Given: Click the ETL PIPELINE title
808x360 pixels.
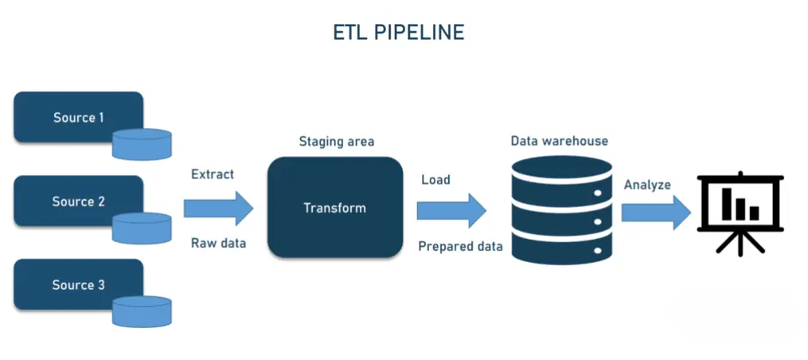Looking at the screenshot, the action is click(x=398, y=33).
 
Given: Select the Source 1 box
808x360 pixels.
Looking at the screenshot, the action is click(x=78, y=117).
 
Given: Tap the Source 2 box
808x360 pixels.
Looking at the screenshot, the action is click(x=78, y=201).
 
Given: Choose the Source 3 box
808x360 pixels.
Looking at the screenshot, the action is click(x=78, y=284).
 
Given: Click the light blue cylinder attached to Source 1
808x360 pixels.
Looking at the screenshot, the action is click(x=142, y=144).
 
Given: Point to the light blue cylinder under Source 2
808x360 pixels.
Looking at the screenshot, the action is click(x=142, y=228).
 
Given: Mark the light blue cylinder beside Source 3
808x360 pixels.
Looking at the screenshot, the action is click(x=142, y=311).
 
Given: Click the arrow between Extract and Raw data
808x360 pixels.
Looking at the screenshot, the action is click(x=218, y=209).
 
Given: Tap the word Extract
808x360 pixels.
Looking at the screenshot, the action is click(x=213, y=174).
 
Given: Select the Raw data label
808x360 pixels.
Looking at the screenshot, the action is click(x=218, y=243).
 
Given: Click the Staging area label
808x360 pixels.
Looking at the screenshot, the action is click(x=337, y=141).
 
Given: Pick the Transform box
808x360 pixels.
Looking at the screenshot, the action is click(x=335, y=207).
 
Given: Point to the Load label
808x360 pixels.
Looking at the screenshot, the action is click(x=435, y=179).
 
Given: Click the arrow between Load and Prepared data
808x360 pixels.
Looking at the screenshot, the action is click(x=451, y=210).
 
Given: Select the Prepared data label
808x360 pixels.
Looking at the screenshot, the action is click(x=460, y=247).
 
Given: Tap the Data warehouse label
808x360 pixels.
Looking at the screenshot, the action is click(x=559, y=141).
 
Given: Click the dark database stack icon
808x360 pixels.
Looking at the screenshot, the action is click(x=562, y=210).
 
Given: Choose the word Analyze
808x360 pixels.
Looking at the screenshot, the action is click(x=647, y=185).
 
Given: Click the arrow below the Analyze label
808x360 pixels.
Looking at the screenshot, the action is click(x=656, y=213).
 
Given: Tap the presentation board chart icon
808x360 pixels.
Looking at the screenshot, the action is click(x=740, y=213).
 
